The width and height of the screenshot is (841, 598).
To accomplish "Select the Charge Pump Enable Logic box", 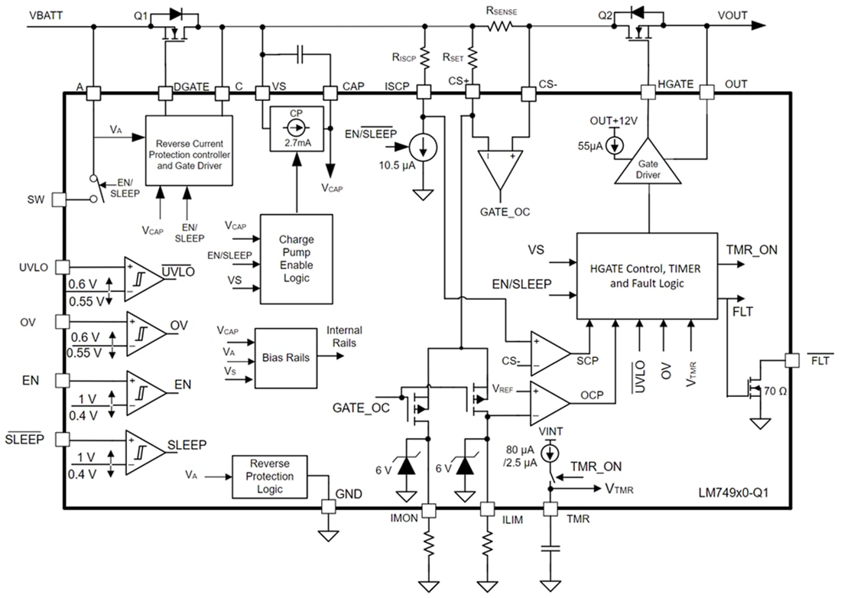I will tap(297, 258).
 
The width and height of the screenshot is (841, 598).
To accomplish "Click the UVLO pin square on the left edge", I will tap(63, 267).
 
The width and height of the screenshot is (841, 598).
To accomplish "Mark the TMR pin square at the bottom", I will tap(548, 508).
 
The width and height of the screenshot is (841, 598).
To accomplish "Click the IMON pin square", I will tap(429, 508).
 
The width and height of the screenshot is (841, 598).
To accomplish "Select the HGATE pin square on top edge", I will tap(648, 93).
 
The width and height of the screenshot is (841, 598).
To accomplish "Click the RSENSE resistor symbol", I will tap(501, 26).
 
